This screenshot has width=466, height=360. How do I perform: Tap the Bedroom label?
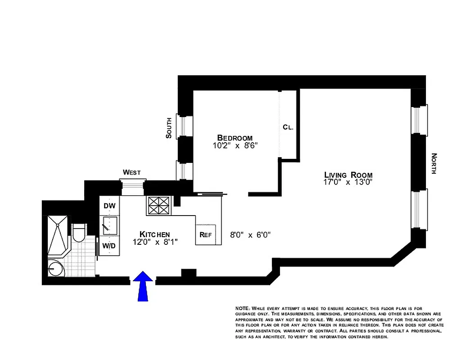pyautogui.click(x=235, y=138)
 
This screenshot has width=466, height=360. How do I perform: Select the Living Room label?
pyautogui.click(x=348, y=175)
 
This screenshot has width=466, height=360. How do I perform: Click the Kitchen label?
pyautogui.click(x=154, y=234)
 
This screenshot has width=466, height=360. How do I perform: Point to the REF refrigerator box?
pyautogui.click(x=206, y=234)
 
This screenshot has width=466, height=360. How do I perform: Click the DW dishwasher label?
pyautogui.click(x=109, y=206)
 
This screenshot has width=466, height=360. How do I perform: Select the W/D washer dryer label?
pyautogui.click(x=109, y=246)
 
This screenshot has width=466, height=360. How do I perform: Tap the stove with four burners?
pyautogui.click(x=159, y=206)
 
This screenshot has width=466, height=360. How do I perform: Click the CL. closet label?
pyautogui.click(x=288, y=127)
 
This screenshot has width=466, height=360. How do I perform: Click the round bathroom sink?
pyautogui.click(x=55, y=269)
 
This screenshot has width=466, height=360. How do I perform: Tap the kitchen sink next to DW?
pyautogui.click(x=109, y=225)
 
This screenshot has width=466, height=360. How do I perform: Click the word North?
pyautogui.click(x=434, y=164)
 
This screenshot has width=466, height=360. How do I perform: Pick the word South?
pyautogui.click(x=169, y=128)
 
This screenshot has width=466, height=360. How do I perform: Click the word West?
pyautogui.click(x=132, y=172)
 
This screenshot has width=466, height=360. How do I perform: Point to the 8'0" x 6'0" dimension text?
pyautogui.click(x=249, y=234)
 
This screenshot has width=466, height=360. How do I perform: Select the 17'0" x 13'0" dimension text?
pyautogui.click(x=348, y=182)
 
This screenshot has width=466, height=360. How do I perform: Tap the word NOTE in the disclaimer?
pyautogui.click(x=243, y=308)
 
